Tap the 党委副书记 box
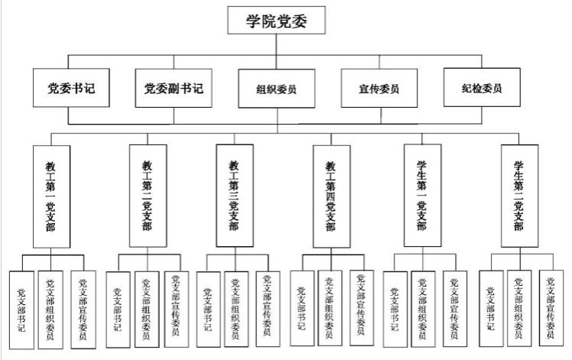click(x=173, y=89)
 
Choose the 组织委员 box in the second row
click(x=276, y=89)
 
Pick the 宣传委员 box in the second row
click(x=379, y=89)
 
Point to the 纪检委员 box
click(x=482, y=89)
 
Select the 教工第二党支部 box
click(x=147, y=196)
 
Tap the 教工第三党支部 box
click(x=234, y=196)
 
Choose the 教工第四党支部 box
click(x=330, y=196)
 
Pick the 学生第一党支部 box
click(x=422, y=196)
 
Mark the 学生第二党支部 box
click(x=518, y=196)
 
